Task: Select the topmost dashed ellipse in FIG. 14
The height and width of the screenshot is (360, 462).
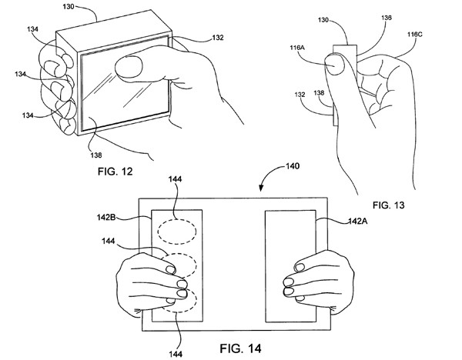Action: click(176, 229)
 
